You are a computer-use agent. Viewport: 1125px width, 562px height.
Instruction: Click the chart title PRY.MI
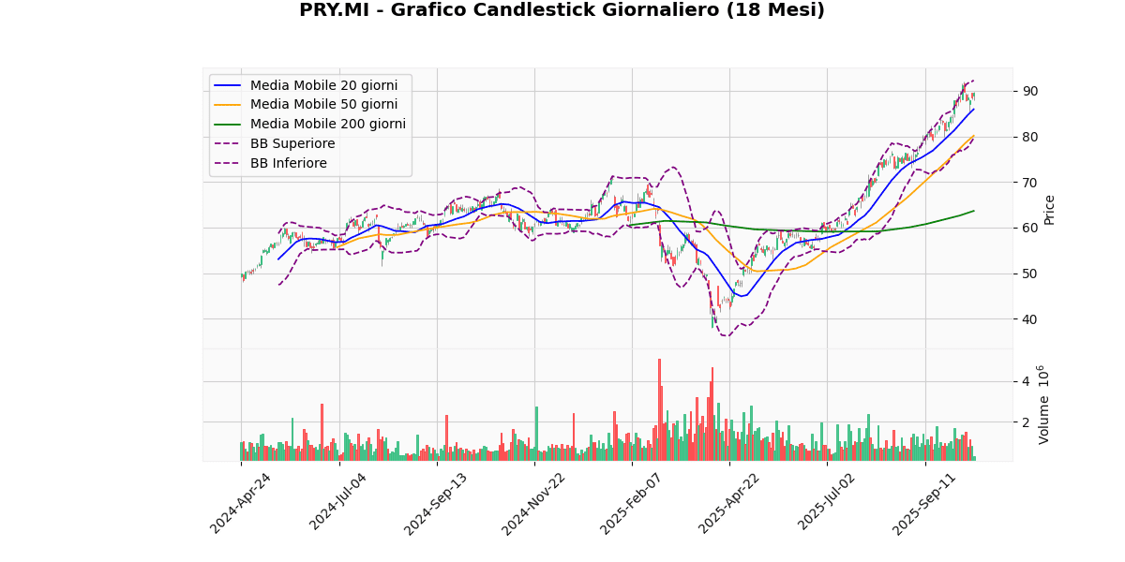tap(562, 10)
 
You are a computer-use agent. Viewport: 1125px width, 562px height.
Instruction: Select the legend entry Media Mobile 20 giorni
tap(323, 85)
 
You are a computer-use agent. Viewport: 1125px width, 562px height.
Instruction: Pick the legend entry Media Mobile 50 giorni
tap(323, 105)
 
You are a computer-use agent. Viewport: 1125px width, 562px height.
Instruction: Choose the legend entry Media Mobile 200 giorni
tap(327, 125)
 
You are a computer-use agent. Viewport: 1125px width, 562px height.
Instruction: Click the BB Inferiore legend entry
tap(288, 164)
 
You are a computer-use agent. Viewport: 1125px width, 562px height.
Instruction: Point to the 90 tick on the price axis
tap(1029, 91)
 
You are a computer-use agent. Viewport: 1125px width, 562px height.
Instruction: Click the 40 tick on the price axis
tap(1029, 319)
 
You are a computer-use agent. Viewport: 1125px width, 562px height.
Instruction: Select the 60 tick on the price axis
tap(1029, 228)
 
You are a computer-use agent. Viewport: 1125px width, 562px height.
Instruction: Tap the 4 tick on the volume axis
tap(1025, 381)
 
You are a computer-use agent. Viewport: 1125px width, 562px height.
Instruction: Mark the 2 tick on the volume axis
tap(1025, 422)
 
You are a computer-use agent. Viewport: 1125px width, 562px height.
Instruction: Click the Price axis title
tap(1049, 209)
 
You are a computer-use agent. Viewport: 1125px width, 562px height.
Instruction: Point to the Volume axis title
tap(1044, 405)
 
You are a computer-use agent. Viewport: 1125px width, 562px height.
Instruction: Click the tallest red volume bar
tap(659, 409)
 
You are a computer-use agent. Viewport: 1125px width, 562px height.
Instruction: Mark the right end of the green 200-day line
tap(974, 211)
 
